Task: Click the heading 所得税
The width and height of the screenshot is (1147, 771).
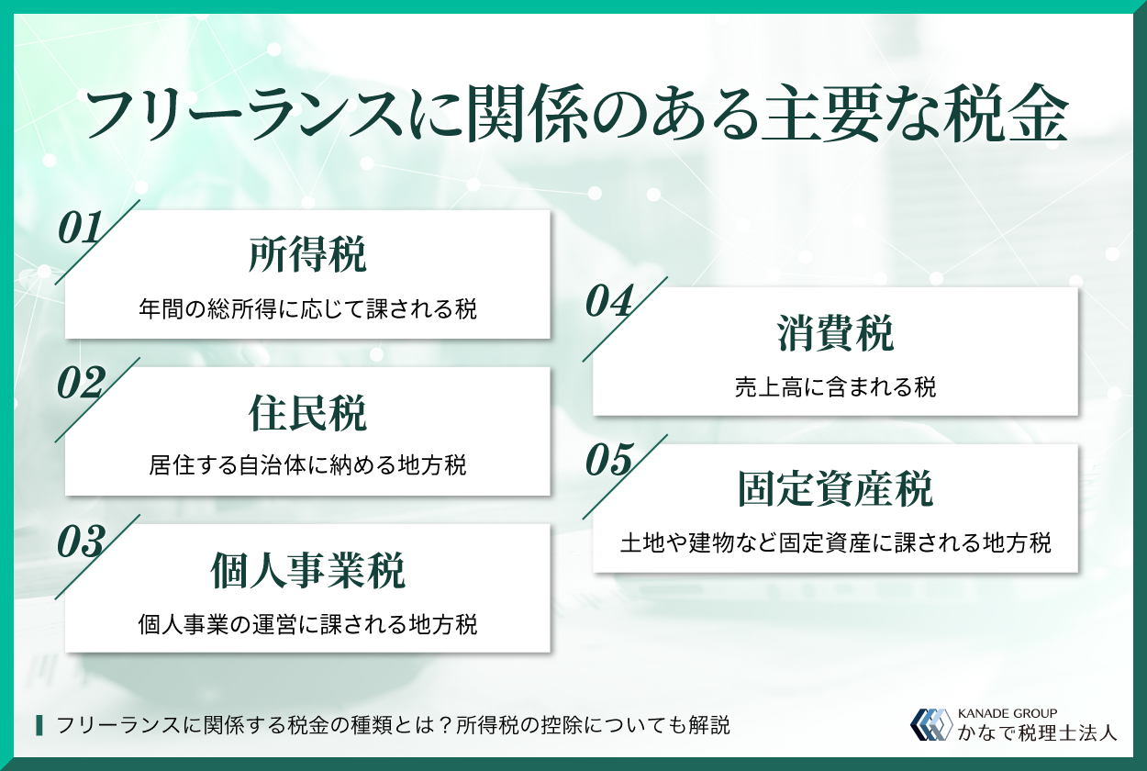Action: [x=307, y=256]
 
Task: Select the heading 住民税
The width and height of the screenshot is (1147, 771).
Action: [x=307, y=413]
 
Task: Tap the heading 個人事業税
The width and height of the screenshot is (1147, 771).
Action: [x=307, y=570]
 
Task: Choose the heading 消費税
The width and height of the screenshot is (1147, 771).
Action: [x=835, y=334]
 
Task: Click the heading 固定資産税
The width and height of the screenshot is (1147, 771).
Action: [x=835, y=490]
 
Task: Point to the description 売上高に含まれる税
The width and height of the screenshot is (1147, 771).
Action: [x=835, y=387]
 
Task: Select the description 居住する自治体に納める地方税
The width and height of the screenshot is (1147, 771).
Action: [x=307, y=466]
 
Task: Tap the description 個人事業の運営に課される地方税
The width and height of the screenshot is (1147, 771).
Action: [x=307, y=624]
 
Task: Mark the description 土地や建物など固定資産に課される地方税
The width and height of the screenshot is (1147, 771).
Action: [x=835, y=543]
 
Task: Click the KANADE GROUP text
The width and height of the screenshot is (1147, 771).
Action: [x=1007, y=712]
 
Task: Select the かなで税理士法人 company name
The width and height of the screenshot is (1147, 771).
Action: [x=1037, y=732]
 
